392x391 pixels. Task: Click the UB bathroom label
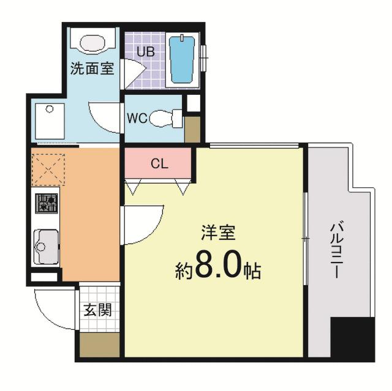point(145,51)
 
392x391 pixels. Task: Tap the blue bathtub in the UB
point(182,59)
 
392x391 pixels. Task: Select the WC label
point(137,118)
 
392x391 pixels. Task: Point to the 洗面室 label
point(92,69)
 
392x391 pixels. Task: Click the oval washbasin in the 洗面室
point(92,43)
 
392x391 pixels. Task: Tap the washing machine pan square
point(49,121)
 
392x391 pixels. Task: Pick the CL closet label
point(159,164)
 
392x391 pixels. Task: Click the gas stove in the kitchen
point(47,203)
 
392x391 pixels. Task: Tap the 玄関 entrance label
point(98,310)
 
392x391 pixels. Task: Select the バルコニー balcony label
point(336,251)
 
